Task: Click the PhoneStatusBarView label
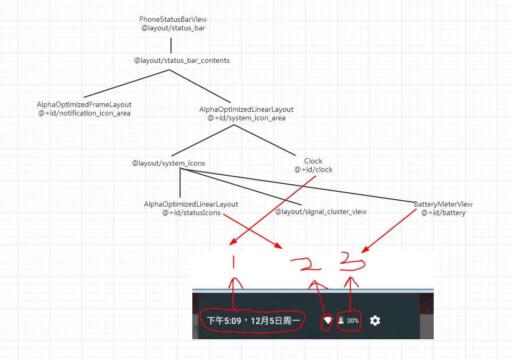173,20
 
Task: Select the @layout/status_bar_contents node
182,61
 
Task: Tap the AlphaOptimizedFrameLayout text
84,104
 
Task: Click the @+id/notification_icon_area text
84,113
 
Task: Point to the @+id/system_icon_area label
246,118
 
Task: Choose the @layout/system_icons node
168,163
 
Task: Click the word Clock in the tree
313,161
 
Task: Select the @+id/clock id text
313,170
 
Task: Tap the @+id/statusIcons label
191,213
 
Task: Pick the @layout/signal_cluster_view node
321,212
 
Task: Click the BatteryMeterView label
443,204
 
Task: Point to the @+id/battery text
443,213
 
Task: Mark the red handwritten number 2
306,263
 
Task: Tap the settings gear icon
375,321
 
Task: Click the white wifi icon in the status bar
327,321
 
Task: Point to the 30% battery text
353,321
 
